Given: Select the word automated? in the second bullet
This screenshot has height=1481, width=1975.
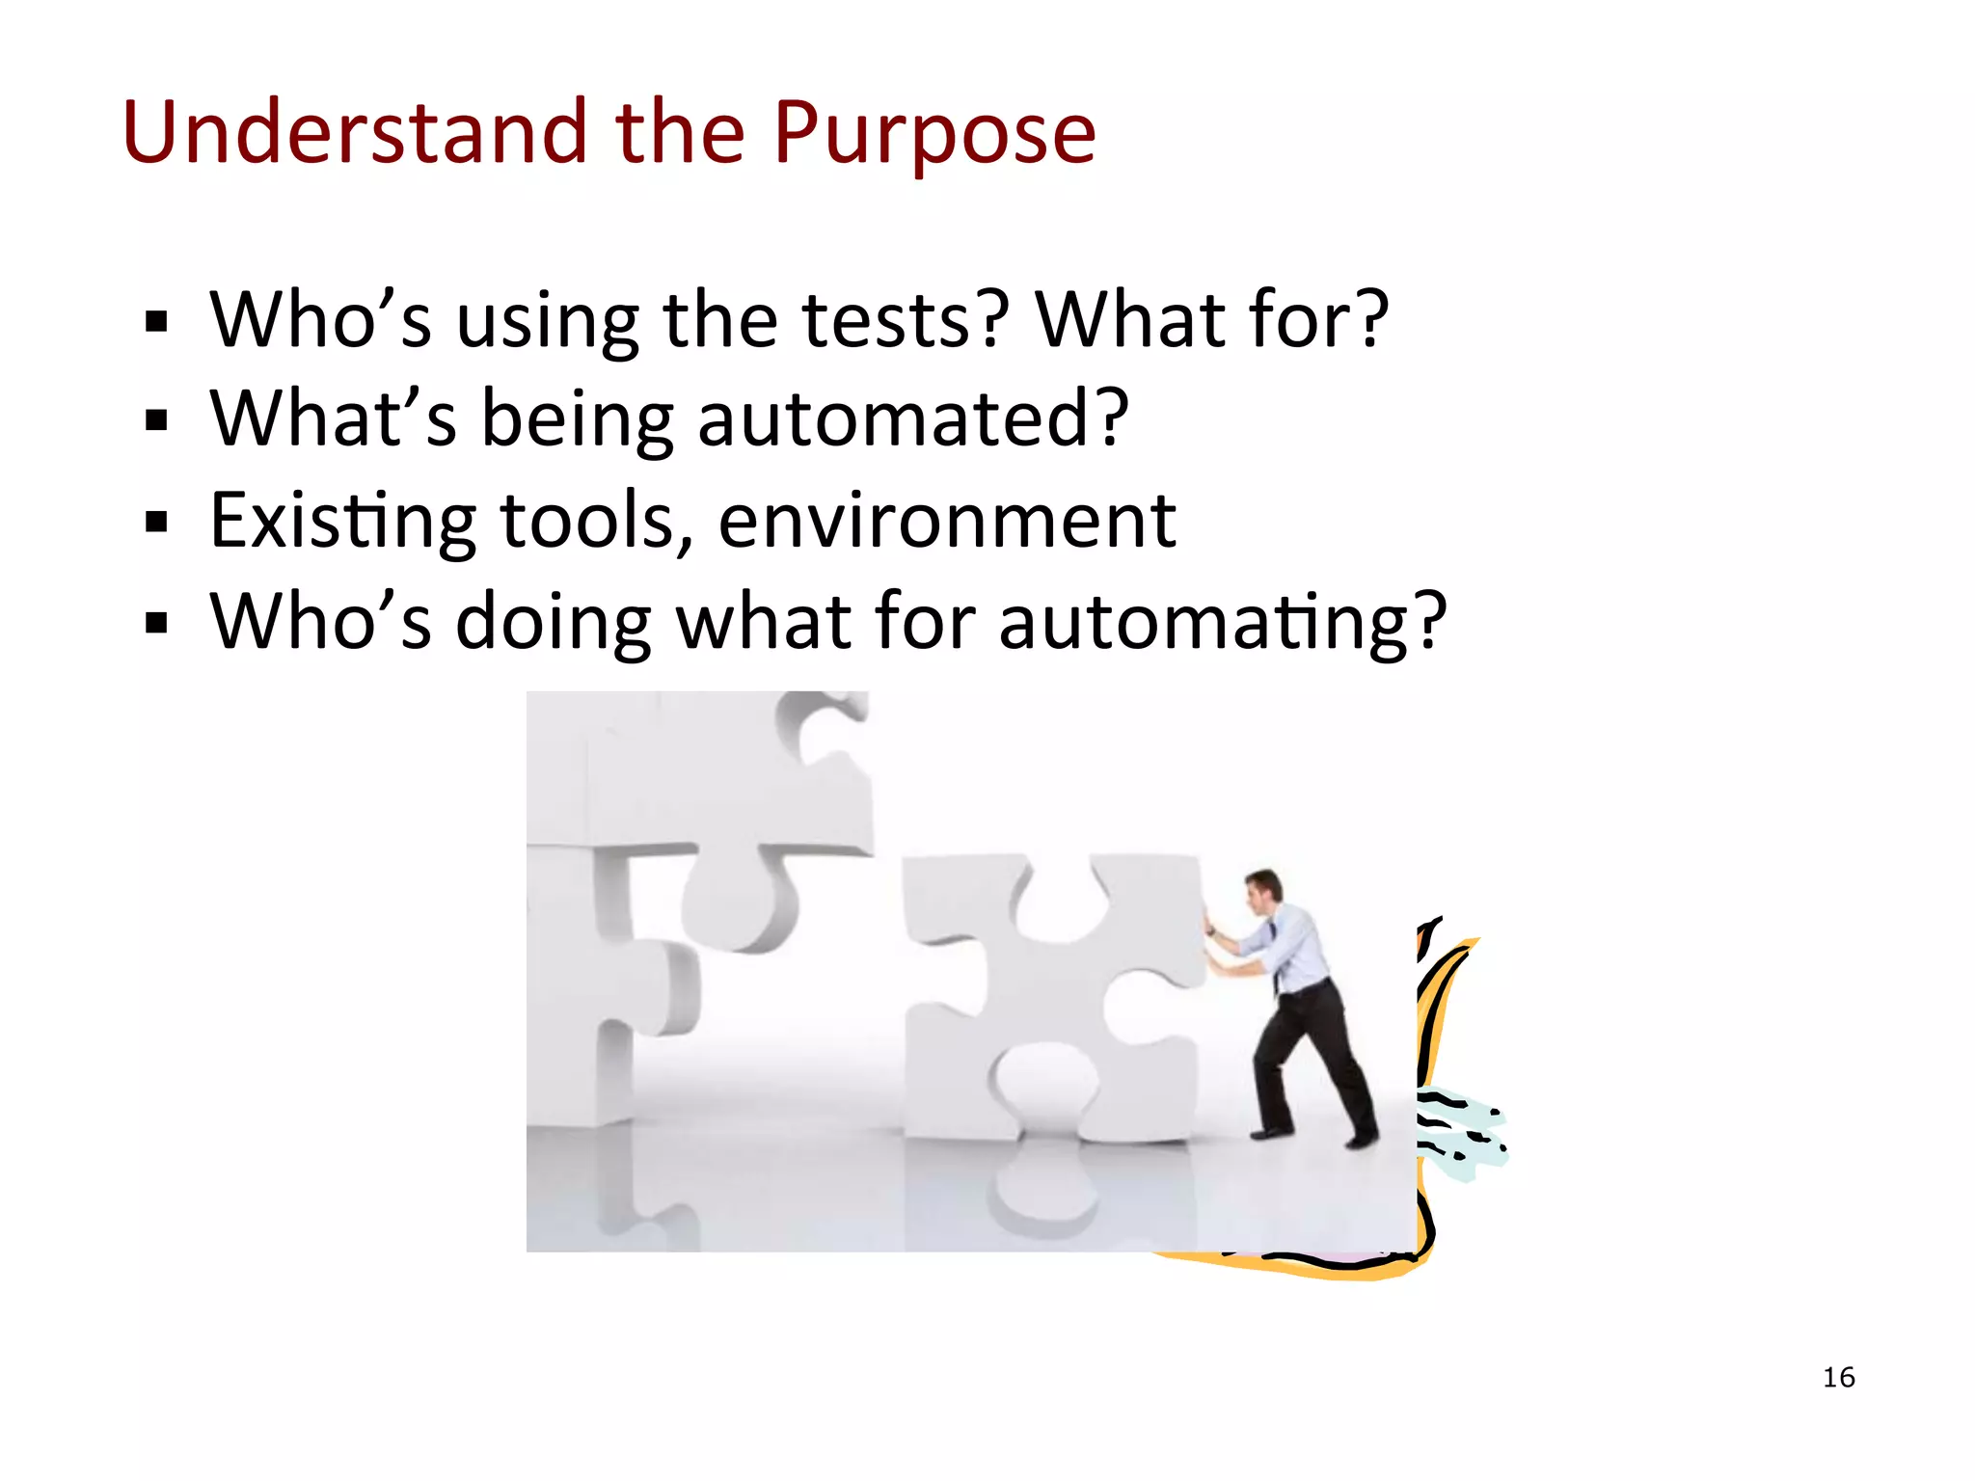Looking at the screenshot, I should [x=912, y=419].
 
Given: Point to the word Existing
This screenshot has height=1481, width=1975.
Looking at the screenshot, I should [x=342, y=522].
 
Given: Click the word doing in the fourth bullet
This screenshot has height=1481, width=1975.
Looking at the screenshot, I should [x=554, y=622].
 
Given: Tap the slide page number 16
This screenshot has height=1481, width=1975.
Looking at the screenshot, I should [x=1838, y=1377].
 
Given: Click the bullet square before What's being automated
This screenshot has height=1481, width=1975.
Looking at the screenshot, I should [x=156, y=420].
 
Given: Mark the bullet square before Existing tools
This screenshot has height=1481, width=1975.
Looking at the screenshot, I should [x=156, y=523].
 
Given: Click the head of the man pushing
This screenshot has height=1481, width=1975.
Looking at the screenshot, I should [x=1263, y=889].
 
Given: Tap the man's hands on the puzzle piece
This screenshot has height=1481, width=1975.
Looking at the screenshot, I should [x=1208, y=929].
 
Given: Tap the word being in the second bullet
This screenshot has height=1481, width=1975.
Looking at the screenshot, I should [x=577, y=421].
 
